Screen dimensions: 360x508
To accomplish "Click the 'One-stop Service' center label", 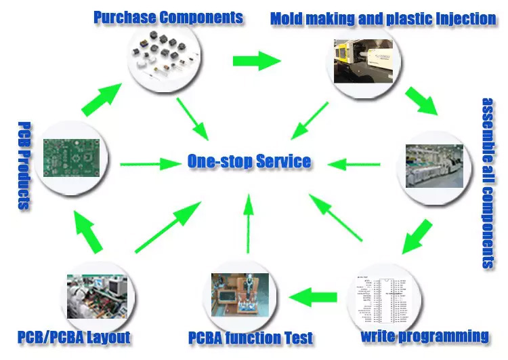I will coord(249,161).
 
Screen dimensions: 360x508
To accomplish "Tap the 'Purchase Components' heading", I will coord(168,17).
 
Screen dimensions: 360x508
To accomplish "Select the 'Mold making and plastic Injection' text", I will coord(383,18).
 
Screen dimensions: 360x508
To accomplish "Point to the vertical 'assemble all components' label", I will coord(489,183).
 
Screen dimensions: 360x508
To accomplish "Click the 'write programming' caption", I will coord(425,335).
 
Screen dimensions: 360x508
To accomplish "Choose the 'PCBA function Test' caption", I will coord(251,337).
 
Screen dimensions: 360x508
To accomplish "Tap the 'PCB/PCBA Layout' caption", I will coord(74,336).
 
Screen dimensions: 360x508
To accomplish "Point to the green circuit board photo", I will coord(73,157).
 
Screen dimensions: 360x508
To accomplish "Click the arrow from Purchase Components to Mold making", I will coord(256,61).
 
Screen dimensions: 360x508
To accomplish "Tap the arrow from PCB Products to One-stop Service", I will coord(148,163).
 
